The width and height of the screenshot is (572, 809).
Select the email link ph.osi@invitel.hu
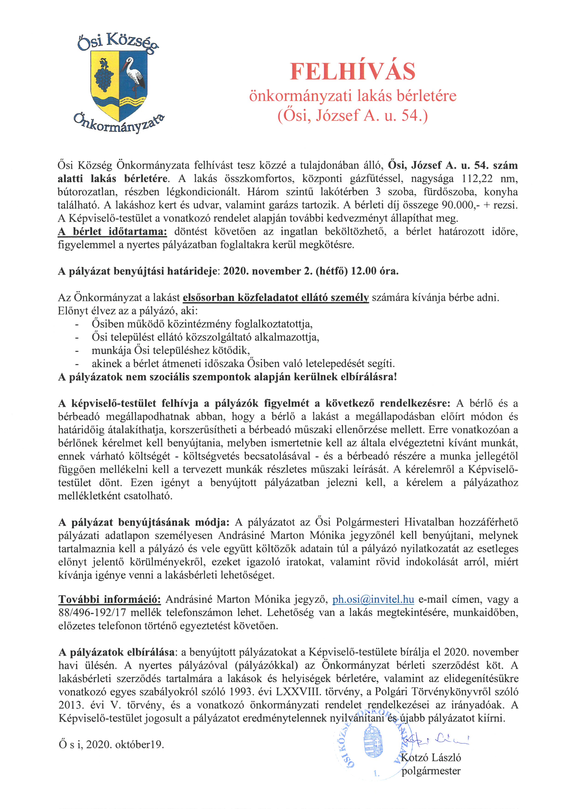[x=373, y=599]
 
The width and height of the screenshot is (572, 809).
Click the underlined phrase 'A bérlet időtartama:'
[x=112, y=232]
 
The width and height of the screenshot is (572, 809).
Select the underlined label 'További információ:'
[x=110, y=599]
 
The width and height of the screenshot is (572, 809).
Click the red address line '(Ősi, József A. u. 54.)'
[x=353, y=116]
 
